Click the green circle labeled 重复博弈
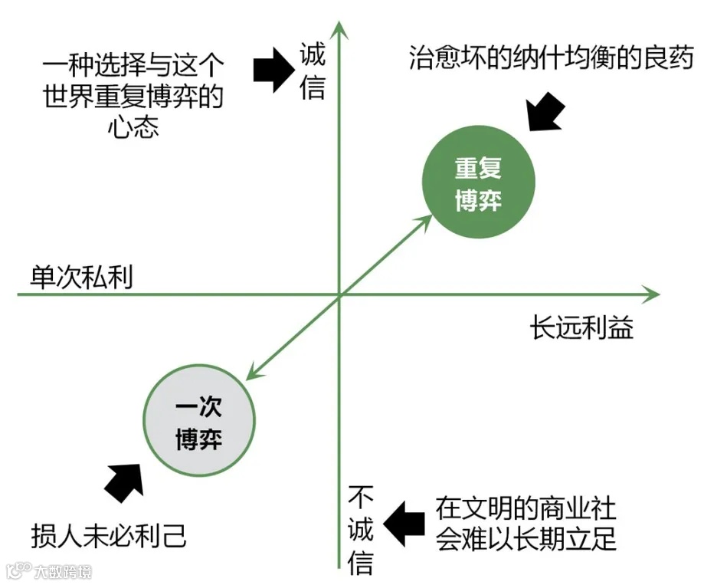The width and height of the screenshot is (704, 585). (478, 184)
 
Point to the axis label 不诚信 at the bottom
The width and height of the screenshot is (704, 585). (361, 529)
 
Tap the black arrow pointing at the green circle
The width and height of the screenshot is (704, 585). (545, 110)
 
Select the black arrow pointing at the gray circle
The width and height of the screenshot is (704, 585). (125, 481)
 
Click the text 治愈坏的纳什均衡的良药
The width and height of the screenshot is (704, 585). (551, 59)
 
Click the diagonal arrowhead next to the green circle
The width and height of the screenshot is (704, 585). (422, 222)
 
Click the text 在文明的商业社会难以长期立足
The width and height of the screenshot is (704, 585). (526, 523)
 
